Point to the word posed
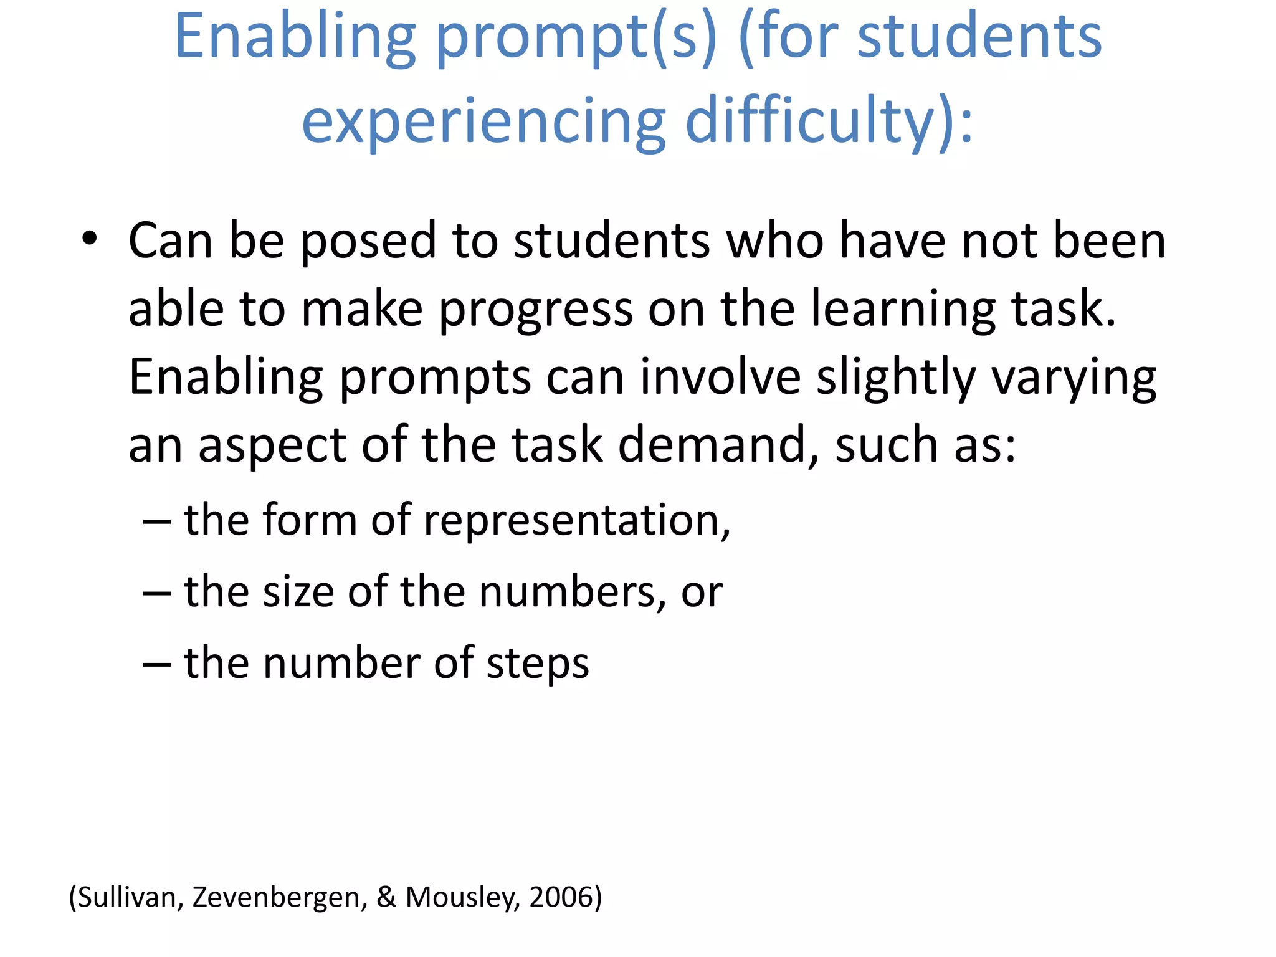coord(368,241)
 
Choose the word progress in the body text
coord(536,310)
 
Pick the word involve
coord(720,378)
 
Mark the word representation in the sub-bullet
coord(576,520)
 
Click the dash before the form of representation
coord(156,520)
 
